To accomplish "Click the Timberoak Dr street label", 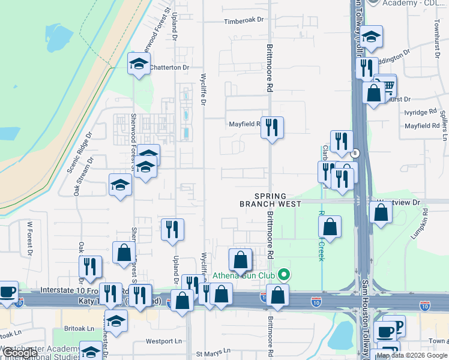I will (244, 20).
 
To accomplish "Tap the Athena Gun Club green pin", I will (285, 276).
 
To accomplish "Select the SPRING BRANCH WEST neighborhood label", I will (270, 200).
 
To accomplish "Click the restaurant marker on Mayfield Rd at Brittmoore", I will (273, 127).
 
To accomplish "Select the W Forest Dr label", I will (29, 239).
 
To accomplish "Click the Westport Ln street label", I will (163, 341).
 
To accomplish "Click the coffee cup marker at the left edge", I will (7, 292).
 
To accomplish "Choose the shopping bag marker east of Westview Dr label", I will (381, 212).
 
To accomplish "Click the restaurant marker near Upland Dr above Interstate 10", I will (172, 229).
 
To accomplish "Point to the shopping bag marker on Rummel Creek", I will (330, 227).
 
